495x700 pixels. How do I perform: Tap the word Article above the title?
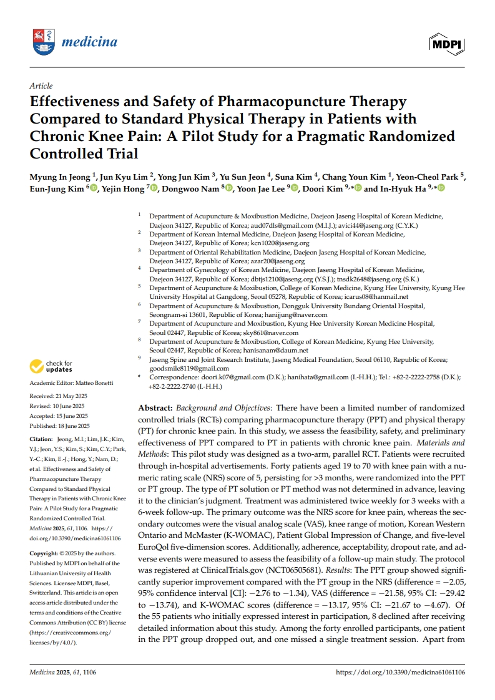click(x=41, y=86)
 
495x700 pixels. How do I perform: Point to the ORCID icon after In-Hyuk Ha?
click(x=441, y=189)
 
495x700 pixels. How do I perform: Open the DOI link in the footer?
click(x=400, y=673)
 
